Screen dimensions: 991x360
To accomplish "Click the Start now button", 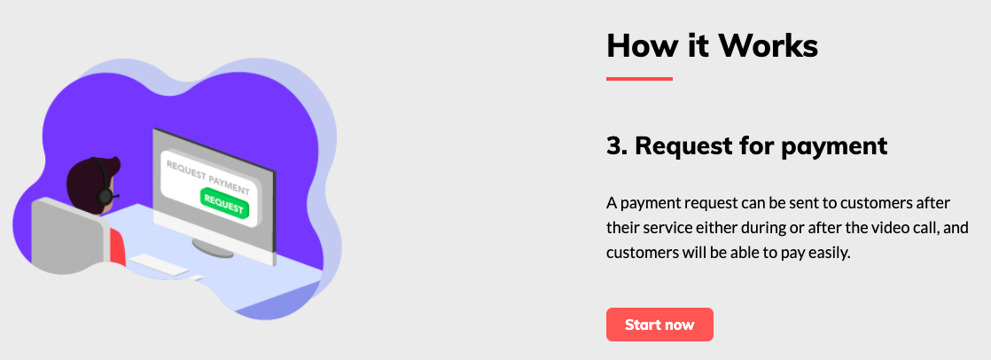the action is tap(659, 325).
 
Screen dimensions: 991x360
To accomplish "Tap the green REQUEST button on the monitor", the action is tap(224, 203).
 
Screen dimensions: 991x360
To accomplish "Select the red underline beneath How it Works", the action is tap(639, 79).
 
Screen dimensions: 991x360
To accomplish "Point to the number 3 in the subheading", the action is tap(613, 146).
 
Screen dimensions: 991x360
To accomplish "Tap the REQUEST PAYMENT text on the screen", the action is tap(207, 177).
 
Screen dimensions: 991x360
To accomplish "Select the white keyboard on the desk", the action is tap(159, 264).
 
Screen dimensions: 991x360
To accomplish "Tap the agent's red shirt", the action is tap(118, 247).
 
